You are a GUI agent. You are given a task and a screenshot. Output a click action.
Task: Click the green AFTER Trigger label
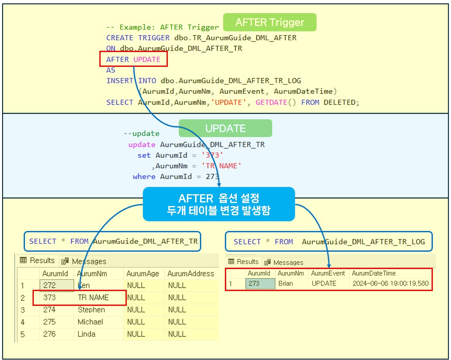tap(269, 22)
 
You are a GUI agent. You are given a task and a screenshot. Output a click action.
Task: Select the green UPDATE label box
tap(225, 128)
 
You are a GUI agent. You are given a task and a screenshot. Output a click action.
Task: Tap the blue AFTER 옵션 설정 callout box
tap(219, 204)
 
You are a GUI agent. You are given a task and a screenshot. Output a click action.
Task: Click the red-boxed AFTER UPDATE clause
tap(134, 59)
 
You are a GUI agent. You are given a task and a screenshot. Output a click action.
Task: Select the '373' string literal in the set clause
tap(213, 155)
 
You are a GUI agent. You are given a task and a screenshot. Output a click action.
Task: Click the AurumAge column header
tap(142, 274)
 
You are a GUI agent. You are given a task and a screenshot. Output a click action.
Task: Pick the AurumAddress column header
tap(190, 274)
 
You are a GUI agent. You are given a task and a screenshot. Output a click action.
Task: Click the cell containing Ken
tap(84, 286)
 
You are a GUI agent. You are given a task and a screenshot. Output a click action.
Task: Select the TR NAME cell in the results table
tap(93, 297)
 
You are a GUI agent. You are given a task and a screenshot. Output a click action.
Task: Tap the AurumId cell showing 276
tap(49, 334)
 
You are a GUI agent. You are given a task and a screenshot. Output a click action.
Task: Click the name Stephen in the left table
tap(91, 310)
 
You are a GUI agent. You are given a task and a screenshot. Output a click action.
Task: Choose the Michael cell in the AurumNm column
tap(90, 322)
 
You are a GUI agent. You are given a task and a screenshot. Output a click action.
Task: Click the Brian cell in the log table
tap(285, 283)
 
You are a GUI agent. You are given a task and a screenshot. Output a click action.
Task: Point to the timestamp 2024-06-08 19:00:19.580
tap(390, 283)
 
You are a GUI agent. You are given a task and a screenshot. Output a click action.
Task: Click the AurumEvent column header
tap(328, 273)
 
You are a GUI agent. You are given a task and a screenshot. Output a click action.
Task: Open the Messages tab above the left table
tap(85, 261)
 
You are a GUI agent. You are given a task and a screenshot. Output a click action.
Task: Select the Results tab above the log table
tap(243, 261)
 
